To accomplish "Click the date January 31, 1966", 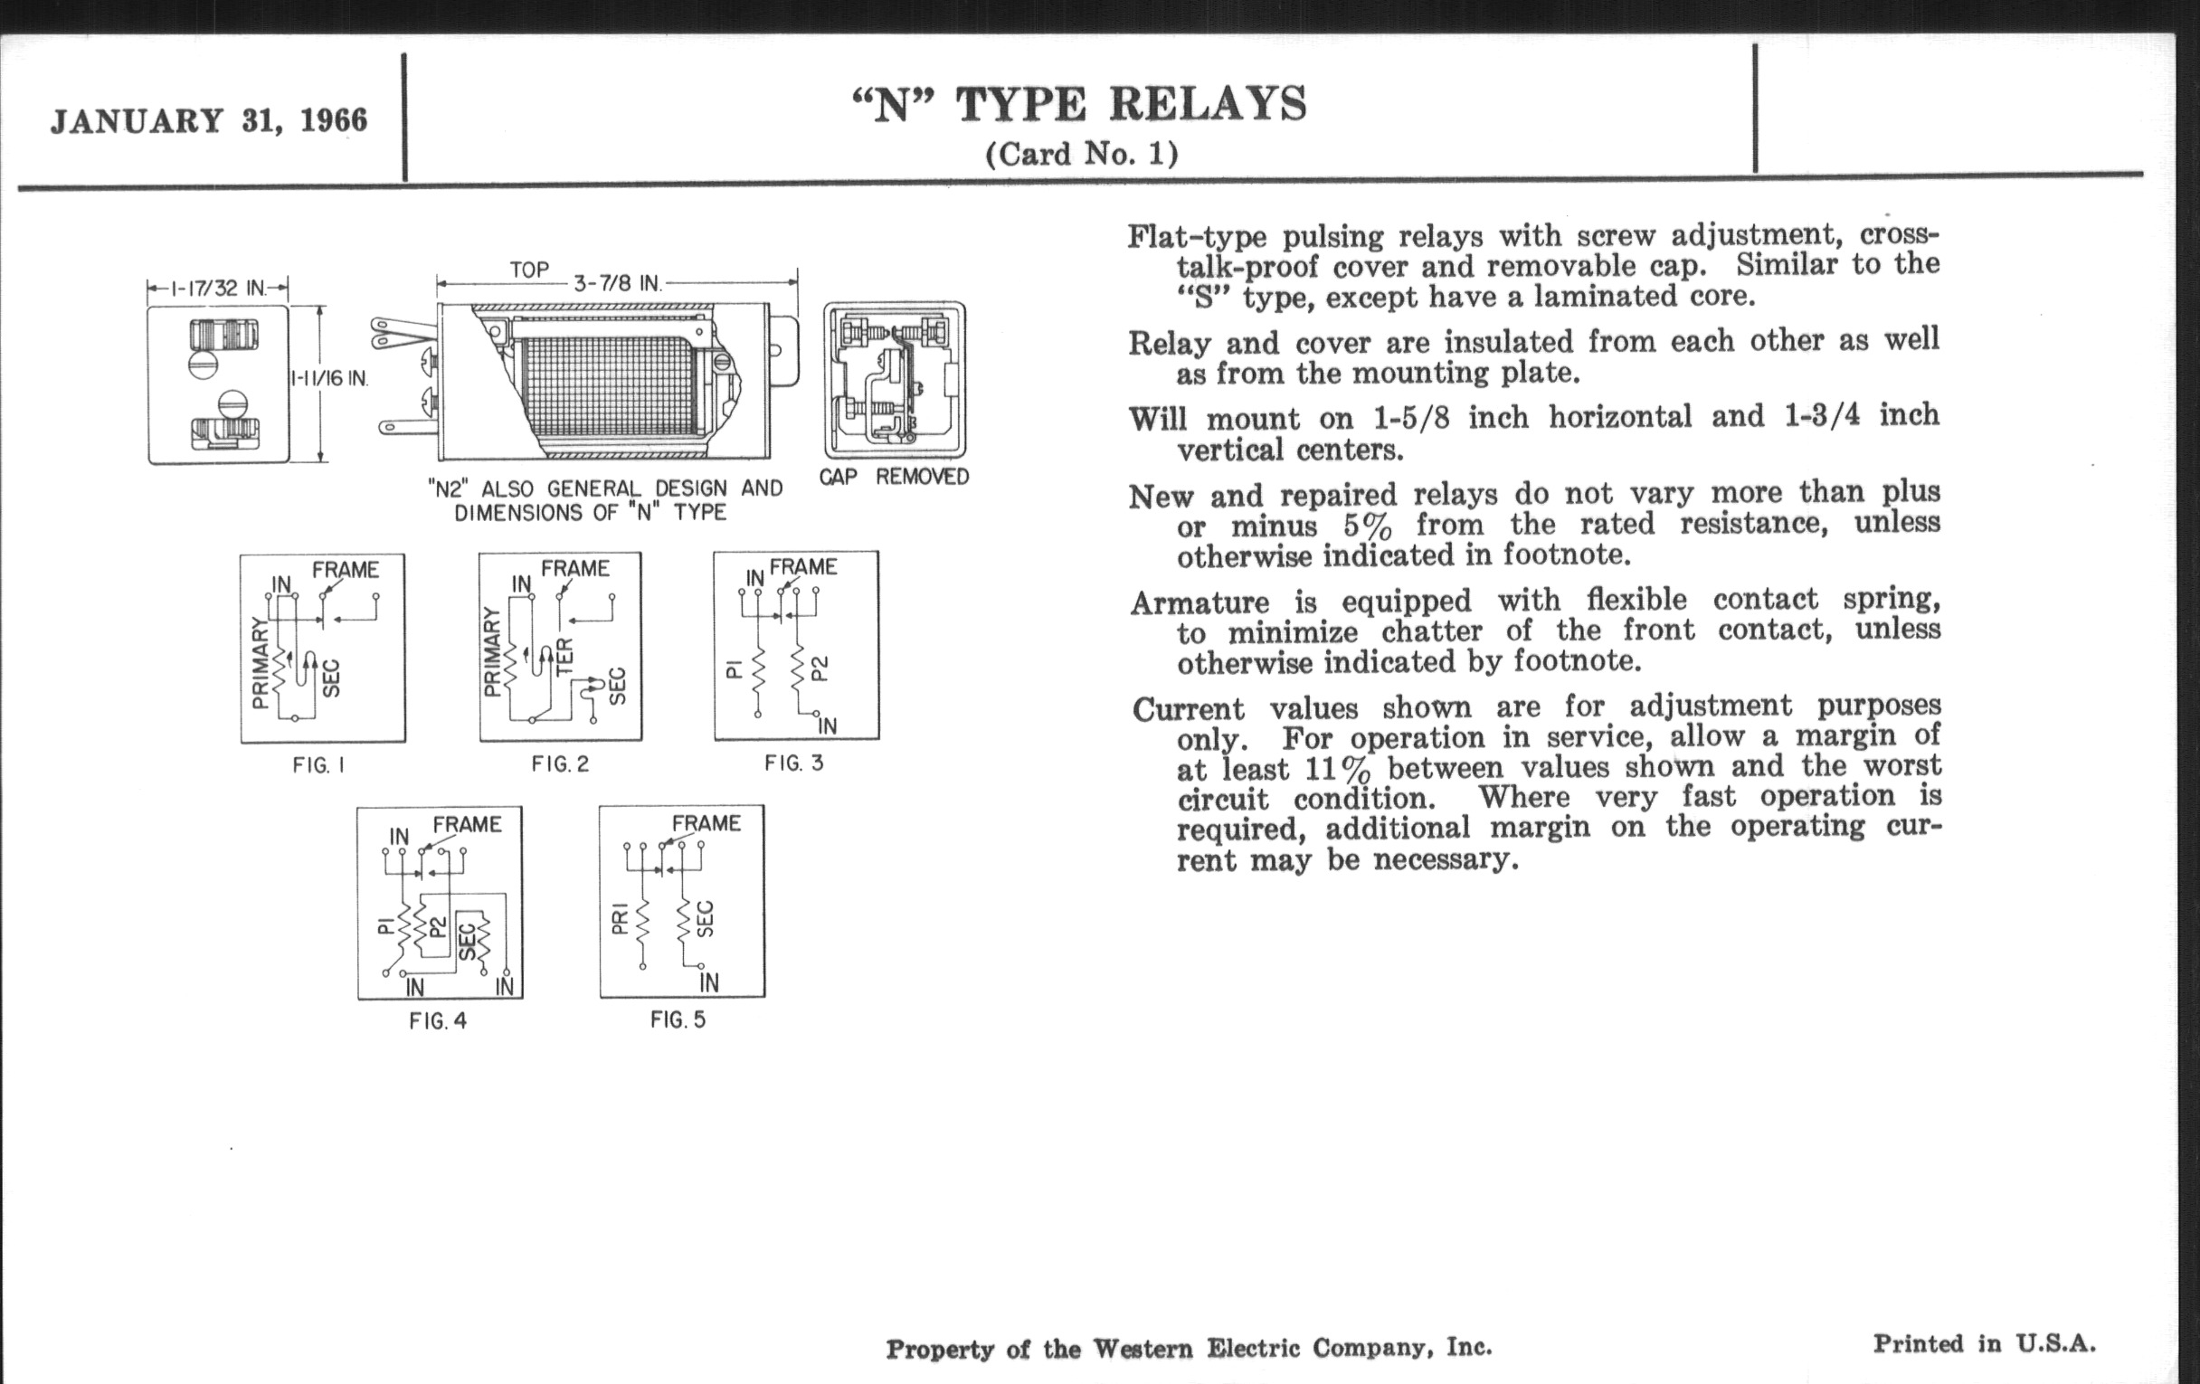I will [x=209, y=121].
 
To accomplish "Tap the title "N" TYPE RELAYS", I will [x=1080, y=104].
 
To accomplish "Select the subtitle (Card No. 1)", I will [x=1082, y=154].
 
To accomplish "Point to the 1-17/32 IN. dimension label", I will [x=217, y=289].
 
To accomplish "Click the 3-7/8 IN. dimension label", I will [x=617, y=283].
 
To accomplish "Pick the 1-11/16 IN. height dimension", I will [x=329, y=378].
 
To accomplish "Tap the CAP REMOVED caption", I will [x=894, y=477].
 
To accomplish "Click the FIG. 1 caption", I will [x=318, y=765].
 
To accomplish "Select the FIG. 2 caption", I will [x=560, y=763].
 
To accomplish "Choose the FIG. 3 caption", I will [x=794, y=763].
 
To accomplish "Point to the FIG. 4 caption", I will [x=438, y=1021].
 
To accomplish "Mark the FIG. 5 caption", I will [x=678, y=1019].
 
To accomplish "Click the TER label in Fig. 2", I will [x=564, y=655].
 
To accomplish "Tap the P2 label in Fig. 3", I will [x=820, y=668].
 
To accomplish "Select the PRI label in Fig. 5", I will [x=620, y=920].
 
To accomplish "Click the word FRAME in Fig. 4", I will [x=467, y=825].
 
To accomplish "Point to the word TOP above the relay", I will [x=529, y=270].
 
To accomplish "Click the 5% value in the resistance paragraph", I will [x=1368, y=527].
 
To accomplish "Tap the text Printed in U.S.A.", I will [x=1985, y=1345].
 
